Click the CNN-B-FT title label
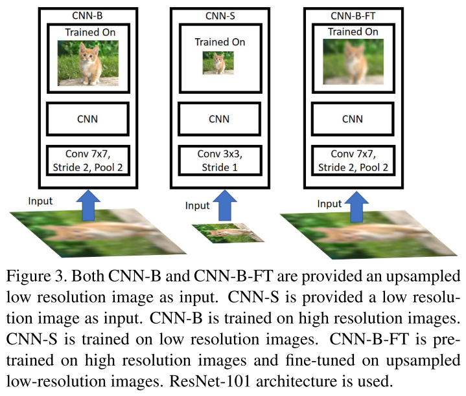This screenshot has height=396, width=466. [354, 14]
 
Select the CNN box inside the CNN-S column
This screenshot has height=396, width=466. [219, 119]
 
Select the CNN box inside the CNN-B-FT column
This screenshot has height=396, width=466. [353, 119]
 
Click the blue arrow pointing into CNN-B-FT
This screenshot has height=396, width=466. [355, 202]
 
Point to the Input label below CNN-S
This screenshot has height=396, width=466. [198, 206]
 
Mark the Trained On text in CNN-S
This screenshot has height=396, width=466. [220, 42]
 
